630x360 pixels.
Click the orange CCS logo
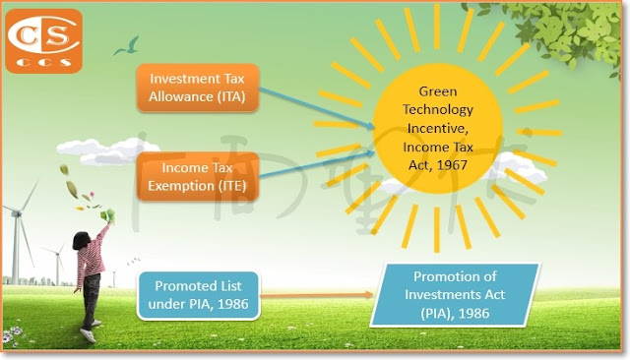(x=43, y=41)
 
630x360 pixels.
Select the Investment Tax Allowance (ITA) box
(x=197, y=88)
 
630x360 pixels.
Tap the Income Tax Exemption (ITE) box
(x=197, y=177)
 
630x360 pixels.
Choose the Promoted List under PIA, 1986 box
(x=199, y=295)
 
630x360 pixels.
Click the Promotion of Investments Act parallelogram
(x=455, y=295)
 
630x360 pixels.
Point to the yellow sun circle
(x=437, y=129)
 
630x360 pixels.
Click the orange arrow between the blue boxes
(x=317, y=295)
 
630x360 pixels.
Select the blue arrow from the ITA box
(x=317, y=108)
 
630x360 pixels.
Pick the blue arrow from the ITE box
(x=317, y=163)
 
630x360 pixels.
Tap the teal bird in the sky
(x=128, y=46)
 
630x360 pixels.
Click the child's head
(x=82, y=240)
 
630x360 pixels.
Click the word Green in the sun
(x=437, y=91)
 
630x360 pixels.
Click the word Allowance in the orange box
(x=181, y=96)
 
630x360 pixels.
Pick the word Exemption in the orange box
(x=181, y=186)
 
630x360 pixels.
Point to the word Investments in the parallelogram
(x=442, y=294)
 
